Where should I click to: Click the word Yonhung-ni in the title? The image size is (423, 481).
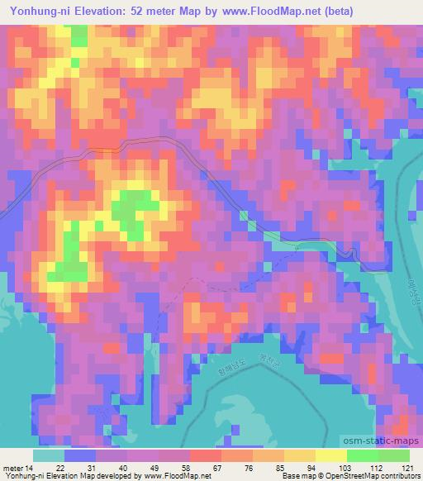click(x=36, y=12)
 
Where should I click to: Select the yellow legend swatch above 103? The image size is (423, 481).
click(x=330, y=455)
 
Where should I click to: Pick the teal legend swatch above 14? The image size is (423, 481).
click(x=48, y=455)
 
